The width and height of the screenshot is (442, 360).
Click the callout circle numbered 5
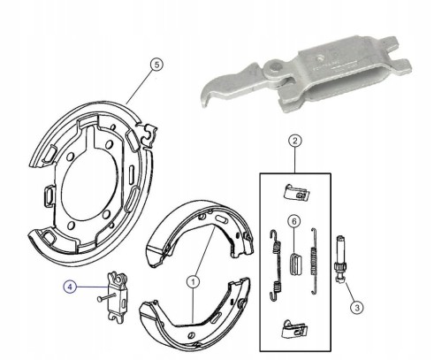pyautogui.click(x=156, y=65)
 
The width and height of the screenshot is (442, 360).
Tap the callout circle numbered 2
pyautogui.click(x=295, y=141)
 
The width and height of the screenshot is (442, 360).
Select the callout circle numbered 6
pyautogui.click(x=294, y=221)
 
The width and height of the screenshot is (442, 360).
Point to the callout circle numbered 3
pyautogui.click(x=357, y=308)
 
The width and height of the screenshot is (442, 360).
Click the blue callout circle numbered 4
pyautogui.click(x=70, y=287)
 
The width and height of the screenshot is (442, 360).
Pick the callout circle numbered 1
pyautogui.click(x=194, y=282)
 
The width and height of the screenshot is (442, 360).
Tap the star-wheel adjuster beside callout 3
pyautogui.click(x=342, y=259)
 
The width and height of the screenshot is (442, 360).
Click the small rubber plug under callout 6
pyautogui.click(x=295, y=264)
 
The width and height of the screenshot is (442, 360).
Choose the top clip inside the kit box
pyautogui.click(x=296, y=193)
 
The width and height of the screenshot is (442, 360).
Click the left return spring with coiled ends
pyautogui.click(x=276, y=265)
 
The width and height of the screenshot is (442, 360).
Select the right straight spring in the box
pyautogui.click(x=314, y=261)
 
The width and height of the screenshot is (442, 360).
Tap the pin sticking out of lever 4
pyautogui.click(x=107, y=298)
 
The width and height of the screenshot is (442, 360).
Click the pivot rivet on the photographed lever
pyautogui.click(x=275, y=67)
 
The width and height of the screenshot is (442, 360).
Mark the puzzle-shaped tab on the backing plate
pyautogui.click(x=149, y=134)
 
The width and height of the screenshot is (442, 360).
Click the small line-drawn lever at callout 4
pyautogui.click(x=118, y=298)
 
